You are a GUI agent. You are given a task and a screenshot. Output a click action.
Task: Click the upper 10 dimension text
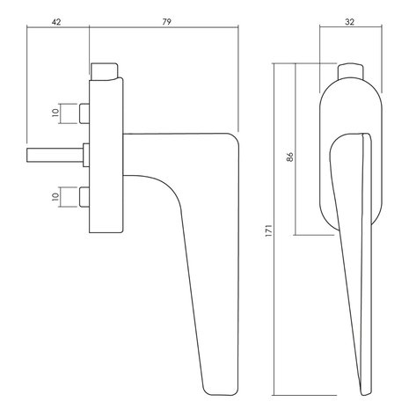56,113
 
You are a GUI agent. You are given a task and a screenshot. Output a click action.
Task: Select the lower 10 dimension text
56,197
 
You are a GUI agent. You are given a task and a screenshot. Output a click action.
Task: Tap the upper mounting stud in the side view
85,113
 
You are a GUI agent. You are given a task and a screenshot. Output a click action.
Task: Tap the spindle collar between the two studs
86,154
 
